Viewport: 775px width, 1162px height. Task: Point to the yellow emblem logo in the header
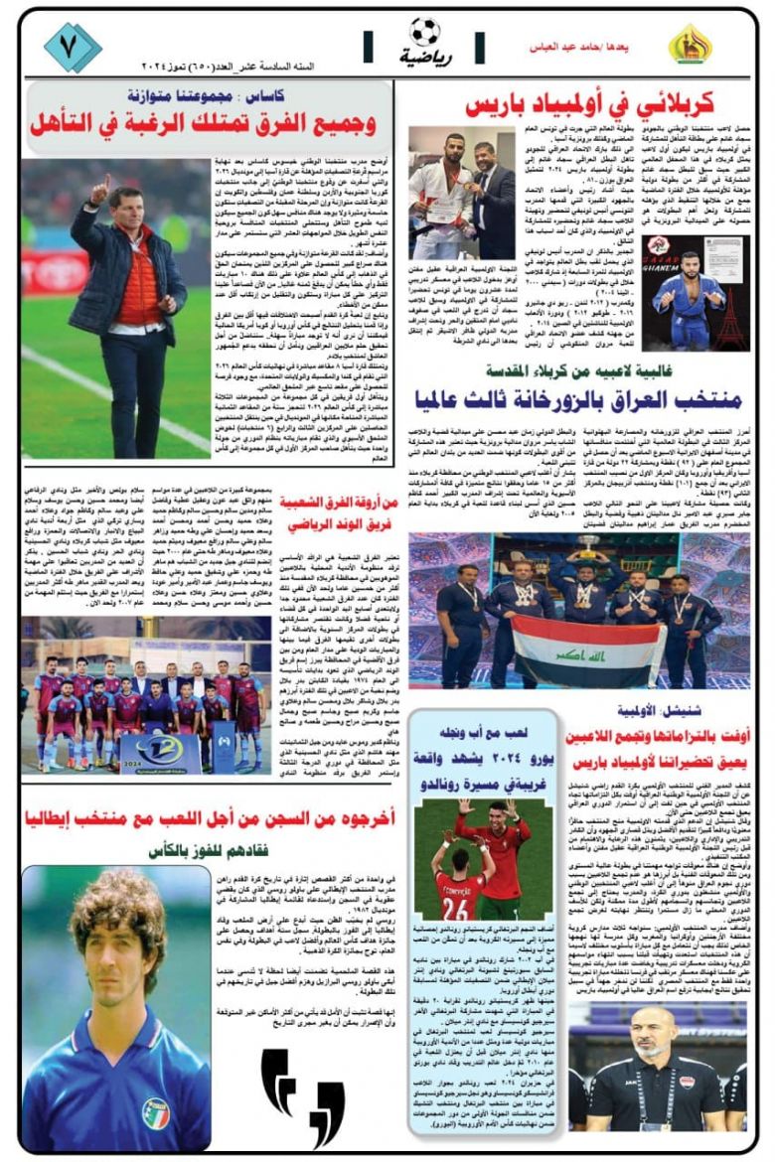click(689, 45)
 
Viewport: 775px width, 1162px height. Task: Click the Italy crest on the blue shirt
click(153, 1110)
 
